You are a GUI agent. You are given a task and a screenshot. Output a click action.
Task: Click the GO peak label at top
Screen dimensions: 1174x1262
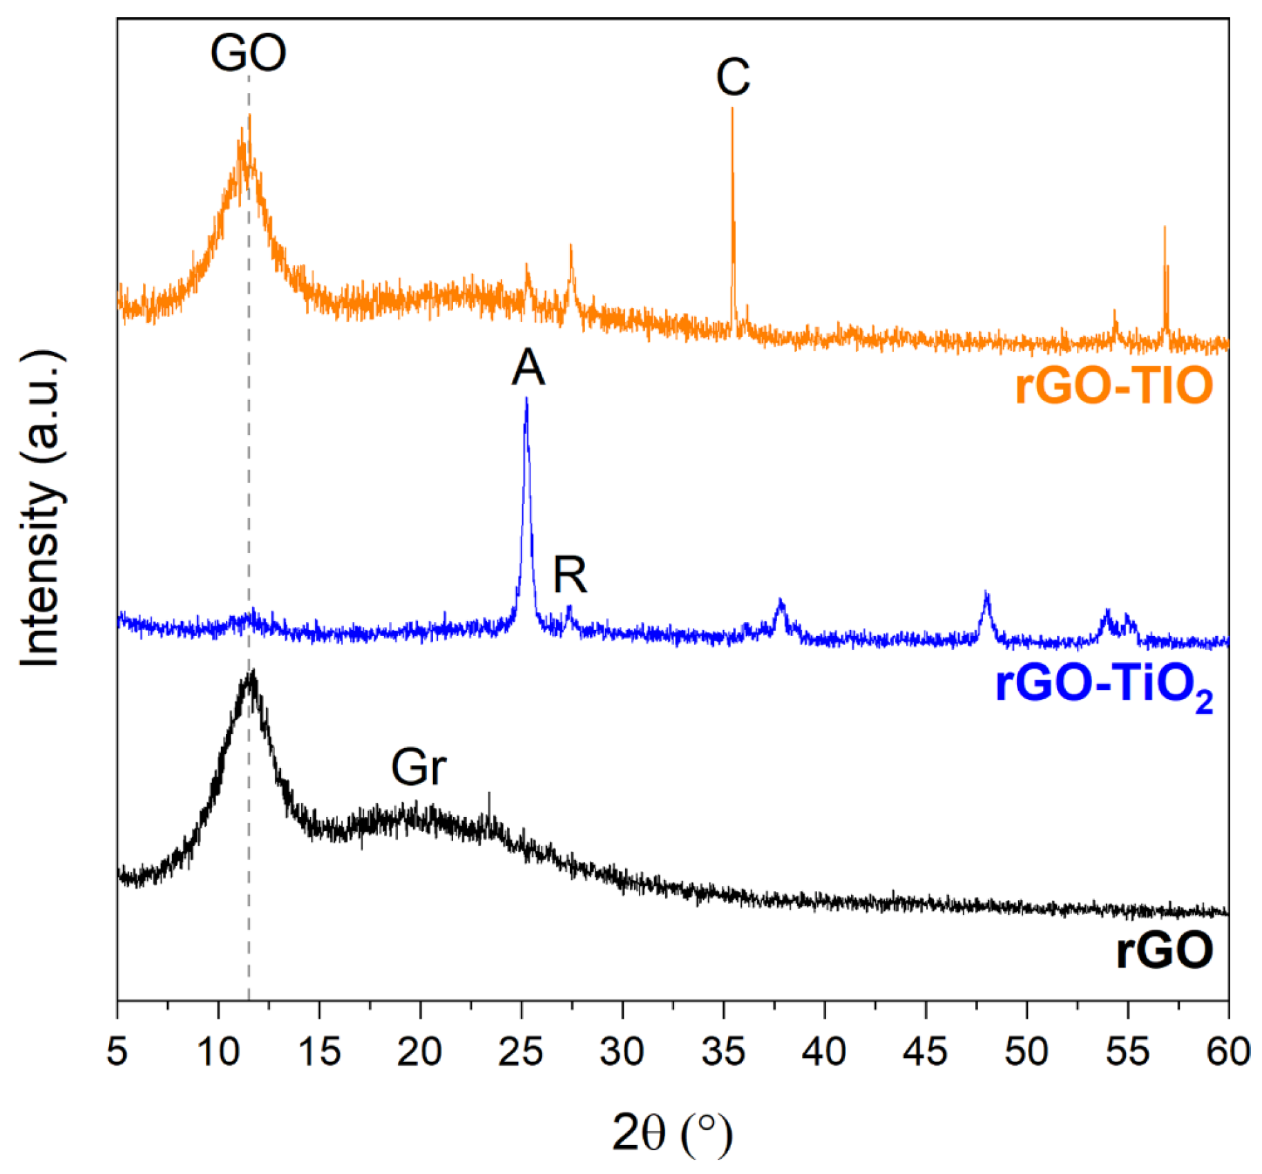click(x=248, y=53)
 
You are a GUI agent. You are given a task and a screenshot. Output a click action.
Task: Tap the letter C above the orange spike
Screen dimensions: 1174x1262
click(x=732, y=77)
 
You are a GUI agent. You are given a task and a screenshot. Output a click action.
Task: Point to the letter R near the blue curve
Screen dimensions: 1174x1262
click(x=570, y=575)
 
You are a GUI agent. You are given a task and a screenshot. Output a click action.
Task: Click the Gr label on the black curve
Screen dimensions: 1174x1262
click(x=419, y=767)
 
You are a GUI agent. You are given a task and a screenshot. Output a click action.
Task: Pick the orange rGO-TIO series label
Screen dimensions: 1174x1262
click(x=1113, y=385)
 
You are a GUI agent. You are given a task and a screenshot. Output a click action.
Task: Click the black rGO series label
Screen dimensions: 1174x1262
click(x=1165, y=950)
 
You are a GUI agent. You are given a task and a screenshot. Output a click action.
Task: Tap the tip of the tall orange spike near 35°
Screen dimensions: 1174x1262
click(x=732, y=109)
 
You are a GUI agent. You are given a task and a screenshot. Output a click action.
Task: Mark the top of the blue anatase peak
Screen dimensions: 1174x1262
click(x=526, y=399)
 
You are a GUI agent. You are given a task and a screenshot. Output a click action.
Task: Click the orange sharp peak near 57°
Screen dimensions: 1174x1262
click(x=1165, y=228)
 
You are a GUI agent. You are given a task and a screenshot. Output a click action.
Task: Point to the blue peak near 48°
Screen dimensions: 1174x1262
click(x=986, y=594)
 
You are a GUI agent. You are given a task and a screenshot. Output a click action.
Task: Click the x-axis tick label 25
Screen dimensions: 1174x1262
click(x=521, y=1051)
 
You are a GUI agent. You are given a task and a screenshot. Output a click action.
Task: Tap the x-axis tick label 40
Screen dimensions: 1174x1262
click(x=824, y=1051)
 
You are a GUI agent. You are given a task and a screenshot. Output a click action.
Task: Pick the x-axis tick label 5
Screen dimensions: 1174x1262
click(x=117, y=1051)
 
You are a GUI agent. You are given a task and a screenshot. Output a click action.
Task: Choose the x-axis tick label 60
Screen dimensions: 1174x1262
click(x=1227, y=1051)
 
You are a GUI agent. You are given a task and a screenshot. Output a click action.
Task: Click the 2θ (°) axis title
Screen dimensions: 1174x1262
click(x=671, y=1133)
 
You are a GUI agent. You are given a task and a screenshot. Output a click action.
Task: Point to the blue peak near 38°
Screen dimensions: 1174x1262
click(x=781, y=603)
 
